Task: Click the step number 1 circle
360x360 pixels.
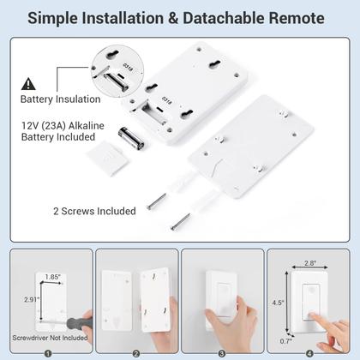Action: (x=48, y=351)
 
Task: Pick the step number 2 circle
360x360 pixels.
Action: (x=135, y=351)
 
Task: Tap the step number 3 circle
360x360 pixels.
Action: (x=222, y=351)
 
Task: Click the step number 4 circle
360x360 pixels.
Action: (x=309, y=351)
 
